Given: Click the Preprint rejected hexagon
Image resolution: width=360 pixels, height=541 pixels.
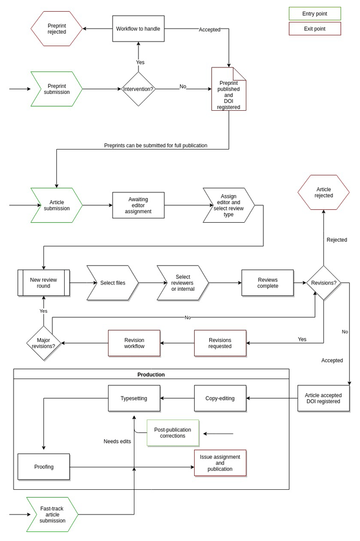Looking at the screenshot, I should pyautogui.click(x=56, y=29).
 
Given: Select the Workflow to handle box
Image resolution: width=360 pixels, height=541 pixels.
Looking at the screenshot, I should pyautogui.click(x=138, y=29).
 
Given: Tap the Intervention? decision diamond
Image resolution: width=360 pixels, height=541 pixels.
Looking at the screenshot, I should pyautogui.click(x=138, y=89).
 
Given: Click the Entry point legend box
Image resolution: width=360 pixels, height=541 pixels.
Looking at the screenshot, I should pyautogui.click(x=314, y=13).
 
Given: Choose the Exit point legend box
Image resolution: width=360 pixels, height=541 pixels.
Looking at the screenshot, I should pyautogui.click(x=314, y=29).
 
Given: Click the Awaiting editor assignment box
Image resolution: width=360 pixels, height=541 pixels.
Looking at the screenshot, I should pyautogui.click(x=138, y=205).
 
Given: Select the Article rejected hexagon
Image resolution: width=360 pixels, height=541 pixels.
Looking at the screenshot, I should pyautogui.click(x=323, y=192).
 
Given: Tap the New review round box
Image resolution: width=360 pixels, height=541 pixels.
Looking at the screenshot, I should pyautogui.click(x=44, y=283).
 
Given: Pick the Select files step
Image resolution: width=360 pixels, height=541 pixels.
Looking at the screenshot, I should pyautogui.click(x=112, y=283).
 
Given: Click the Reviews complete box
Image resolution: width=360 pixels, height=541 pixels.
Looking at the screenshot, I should pyautogui.click(x=267, y=283).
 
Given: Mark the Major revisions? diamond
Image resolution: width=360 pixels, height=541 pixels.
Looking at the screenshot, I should pyautogui.click(x=44, y=343).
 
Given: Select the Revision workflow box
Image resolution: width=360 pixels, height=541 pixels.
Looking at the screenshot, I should pyautogui.click(x=134, y=343).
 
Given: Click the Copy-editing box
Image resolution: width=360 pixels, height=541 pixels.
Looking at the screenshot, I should pyautogui.click(x=220, y=398).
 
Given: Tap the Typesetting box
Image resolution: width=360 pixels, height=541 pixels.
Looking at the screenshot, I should pyautogui.click(x=134, y=398).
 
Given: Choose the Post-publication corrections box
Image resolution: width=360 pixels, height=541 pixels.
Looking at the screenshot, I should pyautogui.click(x=173, y=433).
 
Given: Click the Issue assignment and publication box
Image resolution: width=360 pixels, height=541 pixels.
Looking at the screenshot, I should pyautogui.click(x=220, y=463).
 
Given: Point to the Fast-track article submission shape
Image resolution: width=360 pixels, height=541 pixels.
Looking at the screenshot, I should pyautogui.click(x=52, y=514).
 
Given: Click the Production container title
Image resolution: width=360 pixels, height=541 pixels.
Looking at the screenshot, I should pyautogui.click(x=151, y=375).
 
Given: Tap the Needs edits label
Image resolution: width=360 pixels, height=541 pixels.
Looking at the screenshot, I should pyautogui.click(x=117, y=441).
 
